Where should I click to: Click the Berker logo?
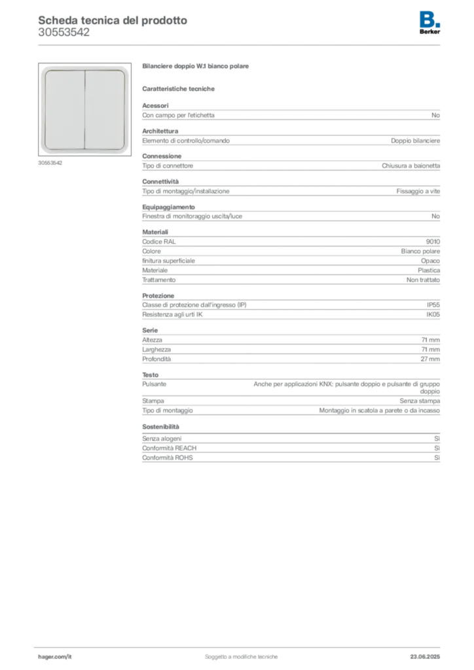point(429,23)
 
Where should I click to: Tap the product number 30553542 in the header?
point(64,33)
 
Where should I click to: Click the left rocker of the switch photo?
point(65,109)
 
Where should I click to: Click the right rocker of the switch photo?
point(105,109)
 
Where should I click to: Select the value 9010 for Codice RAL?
point(433,241)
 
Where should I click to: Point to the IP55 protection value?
point(433,305)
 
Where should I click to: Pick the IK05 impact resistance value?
point(433,315)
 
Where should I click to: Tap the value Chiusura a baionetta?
point(410,166)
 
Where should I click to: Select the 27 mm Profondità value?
point(430,359)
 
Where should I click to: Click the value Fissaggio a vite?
point(418,192)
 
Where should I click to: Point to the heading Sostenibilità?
point(160,427)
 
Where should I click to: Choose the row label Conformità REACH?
point(170,448)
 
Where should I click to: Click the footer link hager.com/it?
point(55,657)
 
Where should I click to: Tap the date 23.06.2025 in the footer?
point(425,657)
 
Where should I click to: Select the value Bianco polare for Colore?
point(420,251)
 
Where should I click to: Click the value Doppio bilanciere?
point(415,141)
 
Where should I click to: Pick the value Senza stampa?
point(420,401)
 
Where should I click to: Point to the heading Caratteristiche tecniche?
point(178,89)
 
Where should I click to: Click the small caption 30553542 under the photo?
point(50,163)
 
